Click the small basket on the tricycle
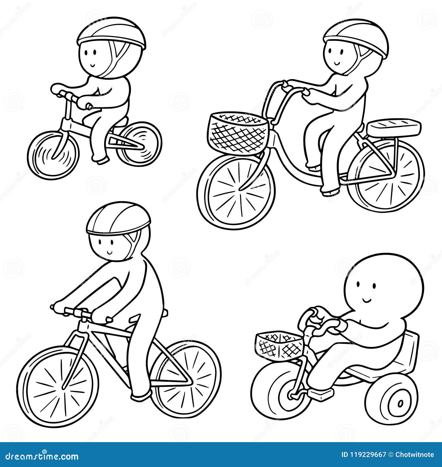pos(279,345)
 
